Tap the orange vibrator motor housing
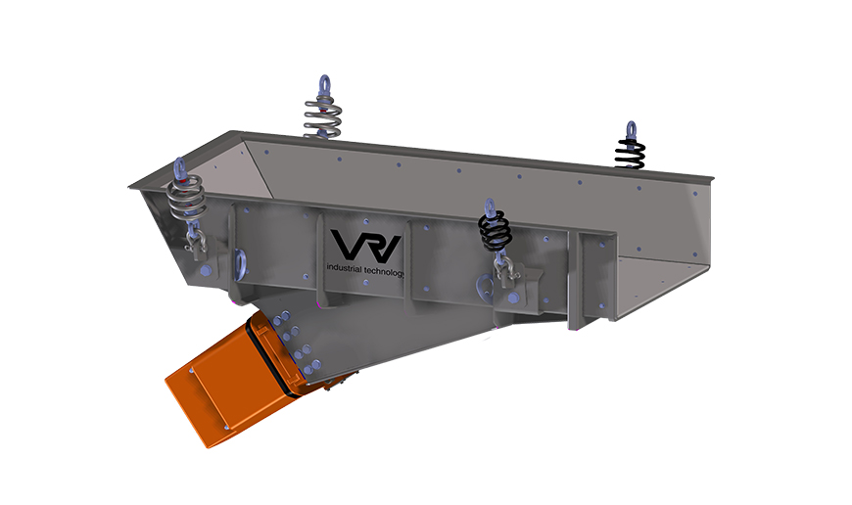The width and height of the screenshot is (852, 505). pos(235,372)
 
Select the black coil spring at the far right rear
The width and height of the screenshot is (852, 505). pos(630,153)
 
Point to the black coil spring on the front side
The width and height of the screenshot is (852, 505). pos(495,231)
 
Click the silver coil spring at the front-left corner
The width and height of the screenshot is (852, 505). pos(183,200)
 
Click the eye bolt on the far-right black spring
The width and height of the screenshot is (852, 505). pos(631,129)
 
